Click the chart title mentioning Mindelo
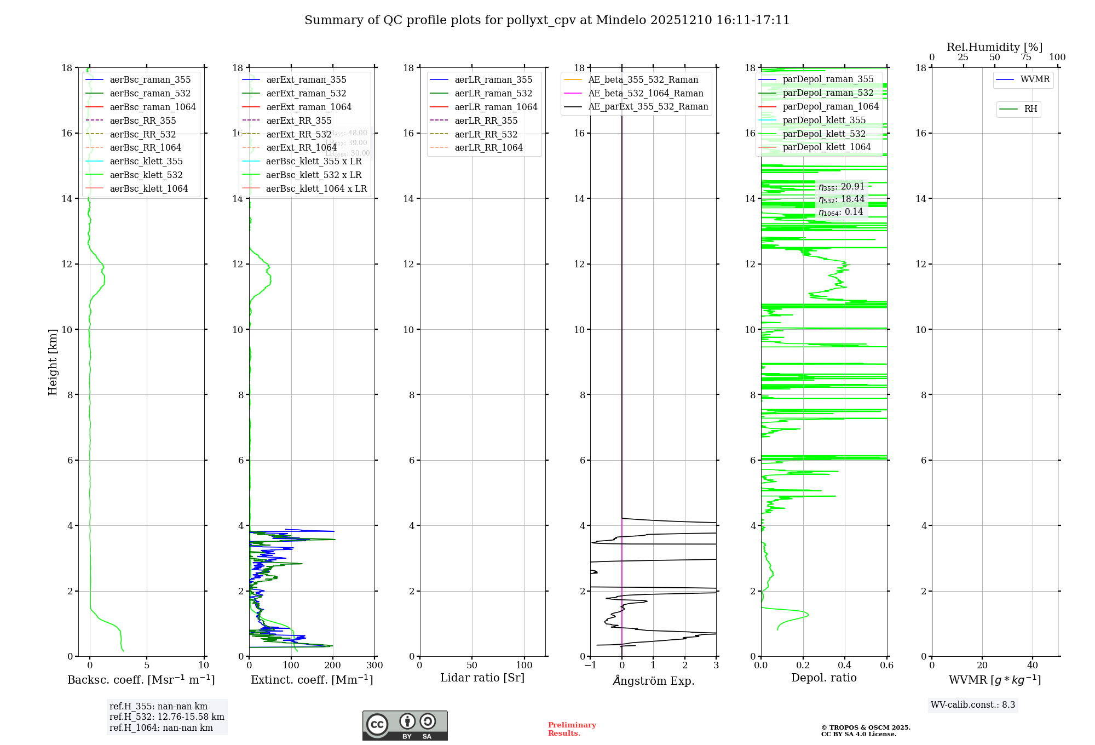[547, 20]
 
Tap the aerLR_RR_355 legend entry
[486, 121]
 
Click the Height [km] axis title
[53, 362]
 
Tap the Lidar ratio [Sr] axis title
[482, 678]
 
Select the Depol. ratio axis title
[823, 678]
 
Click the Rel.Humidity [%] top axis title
[994, 47]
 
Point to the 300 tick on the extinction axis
[374, 666]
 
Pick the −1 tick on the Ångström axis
[590, 666]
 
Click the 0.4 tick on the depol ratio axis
[845, 666]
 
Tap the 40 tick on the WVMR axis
[1033, 666]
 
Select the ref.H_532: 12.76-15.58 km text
[166, 717]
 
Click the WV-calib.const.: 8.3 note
[973, 704]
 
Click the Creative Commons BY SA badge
[405, 725]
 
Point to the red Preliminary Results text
[572, 729]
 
